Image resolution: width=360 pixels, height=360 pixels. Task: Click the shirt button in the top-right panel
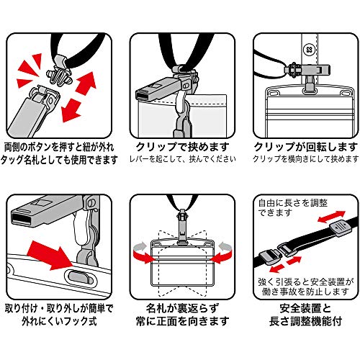(x=309, y=50)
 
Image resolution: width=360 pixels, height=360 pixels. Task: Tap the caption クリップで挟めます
(x=182, y=147)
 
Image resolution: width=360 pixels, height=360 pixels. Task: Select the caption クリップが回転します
(x=306, y=147)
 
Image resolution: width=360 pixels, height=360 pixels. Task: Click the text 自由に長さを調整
(x=293, y=203)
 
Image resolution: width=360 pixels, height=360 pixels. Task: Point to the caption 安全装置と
(x=305, y=308)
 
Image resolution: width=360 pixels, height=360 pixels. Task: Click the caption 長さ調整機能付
(x=305, y=321)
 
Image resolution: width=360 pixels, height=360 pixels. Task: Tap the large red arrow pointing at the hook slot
(x=50, y=256)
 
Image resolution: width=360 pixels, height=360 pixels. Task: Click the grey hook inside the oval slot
(x=80, y=276)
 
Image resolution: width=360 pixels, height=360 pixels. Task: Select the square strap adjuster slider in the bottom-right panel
(x=341, y=228)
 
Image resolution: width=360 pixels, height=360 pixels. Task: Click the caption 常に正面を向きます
(x=182, y=321)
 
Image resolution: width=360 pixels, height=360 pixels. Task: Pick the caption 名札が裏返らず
(x=182, y=308)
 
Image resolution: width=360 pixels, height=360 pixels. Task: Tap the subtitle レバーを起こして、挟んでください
(x=182, y=159)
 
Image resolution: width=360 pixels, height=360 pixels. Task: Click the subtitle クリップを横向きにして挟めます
(x=306, y=159)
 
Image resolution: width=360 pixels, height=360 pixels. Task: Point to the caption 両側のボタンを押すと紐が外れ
(x=59, y=147)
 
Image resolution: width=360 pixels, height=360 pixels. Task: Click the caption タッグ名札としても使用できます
(x=59, y=160)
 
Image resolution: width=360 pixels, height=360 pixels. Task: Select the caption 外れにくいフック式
(x=59, y=321)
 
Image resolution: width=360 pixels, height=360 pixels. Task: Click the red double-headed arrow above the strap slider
(x=331, y=217)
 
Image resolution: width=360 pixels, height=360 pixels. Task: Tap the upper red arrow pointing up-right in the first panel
(x=86, y=82)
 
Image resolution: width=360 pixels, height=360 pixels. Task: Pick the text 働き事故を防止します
(x=305, y=292)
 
